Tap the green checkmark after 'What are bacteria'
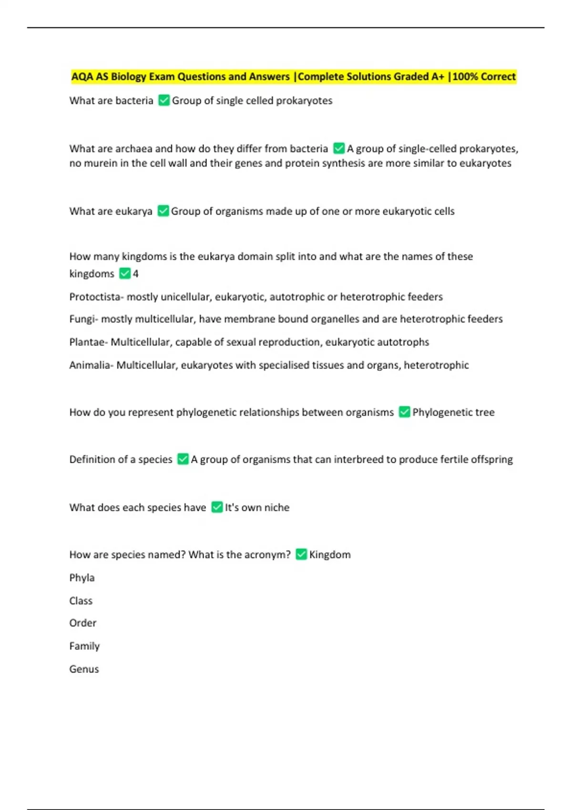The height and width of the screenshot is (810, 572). click(164, 101)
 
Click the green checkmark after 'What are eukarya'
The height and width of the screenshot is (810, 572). click(163, 211)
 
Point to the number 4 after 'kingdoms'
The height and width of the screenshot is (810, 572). click(136, 273)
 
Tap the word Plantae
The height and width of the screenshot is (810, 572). click(88, 342)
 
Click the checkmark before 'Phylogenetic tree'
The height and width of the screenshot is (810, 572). click(404, 412)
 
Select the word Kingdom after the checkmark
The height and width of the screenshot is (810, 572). click(330, 555)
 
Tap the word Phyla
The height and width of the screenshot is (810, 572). click(82, 578)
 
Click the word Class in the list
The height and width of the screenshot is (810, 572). click(81, 601)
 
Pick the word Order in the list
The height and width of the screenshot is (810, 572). click(83, 623)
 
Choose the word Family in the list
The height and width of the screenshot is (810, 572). click(84, 646)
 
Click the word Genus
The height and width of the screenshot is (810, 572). click(84, 669)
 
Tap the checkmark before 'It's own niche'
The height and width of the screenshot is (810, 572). click(217, 507)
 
